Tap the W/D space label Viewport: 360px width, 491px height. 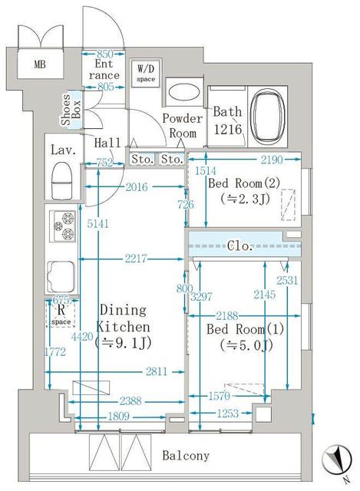(146, 73)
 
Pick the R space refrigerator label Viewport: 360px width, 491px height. (61, 315)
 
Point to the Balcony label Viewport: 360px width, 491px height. (186, 456)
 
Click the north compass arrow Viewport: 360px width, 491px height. (335, 460)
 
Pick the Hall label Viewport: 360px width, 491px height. (105, 143)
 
